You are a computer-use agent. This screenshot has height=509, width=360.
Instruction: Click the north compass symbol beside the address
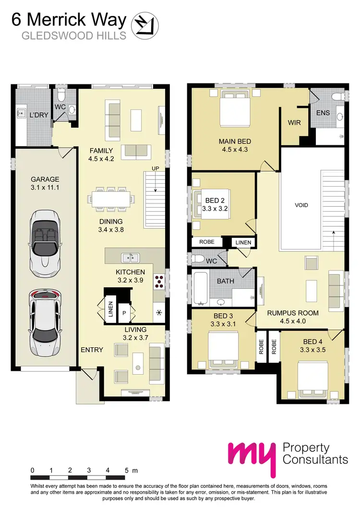coord(144,25)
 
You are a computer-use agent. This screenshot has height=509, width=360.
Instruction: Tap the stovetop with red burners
coord(158,282)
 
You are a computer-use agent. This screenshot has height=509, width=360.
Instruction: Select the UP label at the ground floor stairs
coord(155,168)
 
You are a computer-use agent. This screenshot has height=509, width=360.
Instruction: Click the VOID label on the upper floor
coord(301,205)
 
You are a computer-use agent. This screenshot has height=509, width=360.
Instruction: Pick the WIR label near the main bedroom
coord(294,123)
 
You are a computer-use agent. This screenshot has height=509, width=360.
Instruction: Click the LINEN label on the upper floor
coord(243,243)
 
